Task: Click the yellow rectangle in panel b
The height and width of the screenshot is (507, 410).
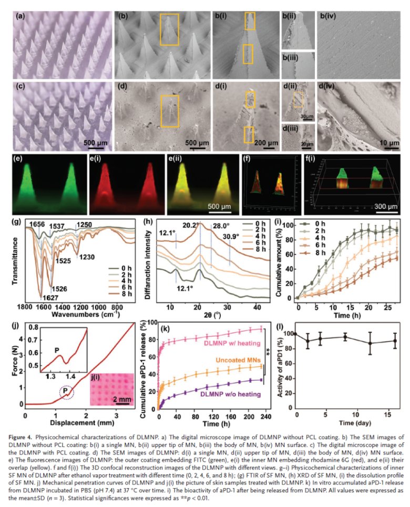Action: [169, 29]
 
